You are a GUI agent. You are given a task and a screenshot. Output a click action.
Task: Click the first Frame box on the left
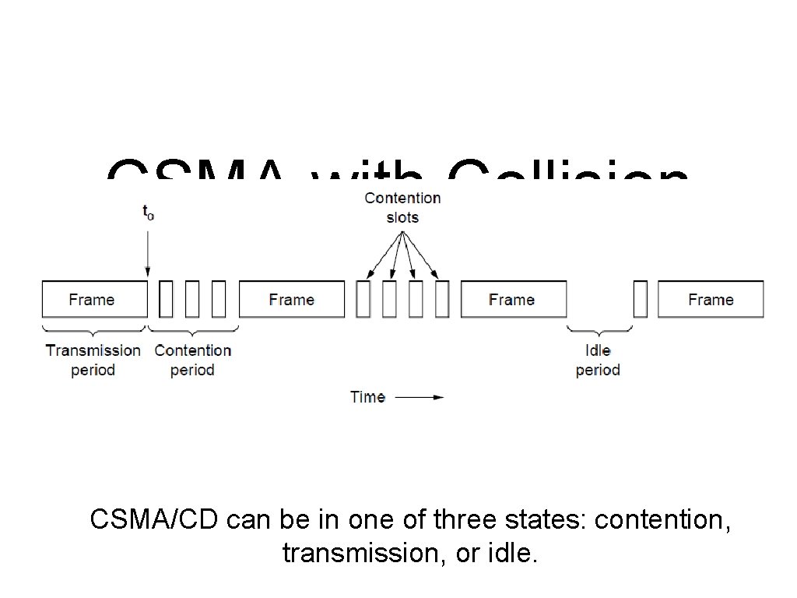coord(94,299)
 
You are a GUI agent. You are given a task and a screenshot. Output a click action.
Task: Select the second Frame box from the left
coord(291,299)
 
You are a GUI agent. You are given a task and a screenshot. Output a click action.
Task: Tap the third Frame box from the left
coord(513,299)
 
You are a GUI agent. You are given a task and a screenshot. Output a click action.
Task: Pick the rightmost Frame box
coord(711,299)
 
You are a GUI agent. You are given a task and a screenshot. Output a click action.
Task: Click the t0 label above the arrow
coord(148,213)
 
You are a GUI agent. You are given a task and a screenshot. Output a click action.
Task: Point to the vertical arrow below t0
coord(148,249)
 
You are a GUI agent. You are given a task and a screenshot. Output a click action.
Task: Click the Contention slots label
coord(402,207)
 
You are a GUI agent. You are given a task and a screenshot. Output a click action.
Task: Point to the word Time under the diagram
coord(367,397)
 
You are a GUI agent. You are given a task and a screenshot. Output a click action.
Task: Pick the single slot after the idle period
coord(641,299)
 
